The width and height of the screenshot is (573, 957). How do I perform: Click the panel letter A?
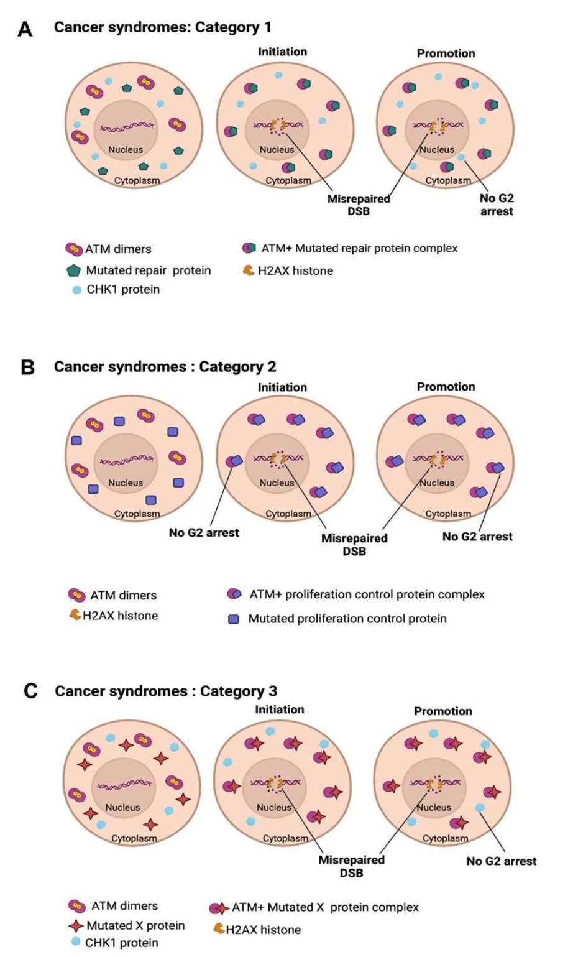pos(25,29)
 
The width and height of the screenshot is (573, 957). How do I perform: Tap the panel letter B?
pos(27,367)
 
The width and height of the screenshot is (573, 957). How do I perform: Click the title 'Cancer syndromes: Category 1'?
pos(162,27)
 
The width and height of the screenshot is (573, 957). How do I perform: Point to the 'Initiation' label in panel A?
pos(282,52)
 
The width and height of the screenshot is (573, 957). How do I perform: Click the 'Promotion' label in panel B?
pos(446,386)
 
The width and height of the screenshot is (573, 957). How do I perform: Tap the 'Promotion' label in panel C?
pos(442,711)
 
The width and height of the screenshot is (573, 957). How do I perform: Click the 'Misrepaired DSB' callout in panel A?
pos(359,205)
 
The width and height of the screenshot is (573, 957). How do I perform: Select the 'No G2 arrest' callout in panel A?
pos(496,205)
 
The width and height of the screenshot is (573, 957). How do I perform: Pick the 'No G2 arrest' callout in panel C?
pos(501,861)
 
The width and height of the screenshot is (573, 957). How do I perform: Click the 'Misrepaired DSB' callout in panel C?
pos(351,866)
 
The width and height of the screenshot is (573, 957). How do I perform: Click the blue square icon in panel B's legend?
pos(234,619)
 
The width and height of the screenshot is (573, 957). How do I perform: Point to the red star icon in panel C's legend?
pos(76,926)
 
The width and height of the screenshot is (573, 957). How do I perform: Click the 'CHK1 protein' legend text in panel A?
pos(123,289)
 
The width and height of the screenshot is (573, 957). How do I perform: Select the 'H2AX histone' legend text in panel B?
pos(120,616)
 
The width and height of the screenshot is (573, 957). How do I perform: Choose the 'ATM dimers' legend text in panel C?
pos(124,906)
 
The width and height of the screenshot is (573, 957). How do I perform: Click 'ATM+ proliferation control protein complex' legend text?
pos(367,594)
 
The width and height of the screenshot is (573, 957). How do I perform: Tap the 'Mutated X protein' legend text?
pos(135,925)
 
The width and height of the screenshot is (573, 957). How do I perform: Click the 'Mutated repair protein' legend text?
pos(149,270)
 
